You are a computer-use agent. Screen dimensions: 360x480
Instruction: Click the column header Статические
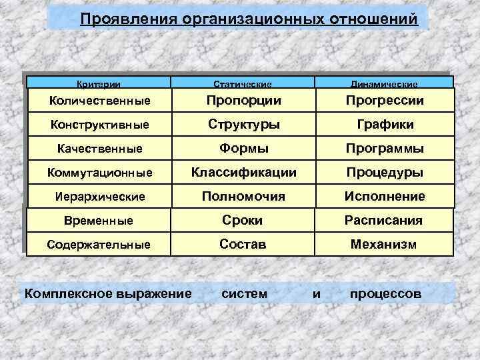pos(243,84)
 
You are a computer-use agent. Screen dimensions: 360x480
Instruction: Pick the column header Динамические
pos(385,84)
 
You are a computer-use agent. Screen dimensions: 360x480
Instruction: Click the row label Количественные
pos(100,101)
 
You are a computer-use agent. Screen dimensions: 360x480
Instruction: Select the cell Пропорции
pos(243,100)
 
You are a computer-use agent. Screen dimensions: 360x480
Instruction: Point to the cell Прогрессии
pos(385,100)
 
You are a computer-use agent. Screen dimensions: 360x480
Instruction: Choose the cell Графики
pos(385,124)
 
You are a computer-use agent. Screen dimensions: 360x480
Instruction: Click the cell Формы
pos(243,148)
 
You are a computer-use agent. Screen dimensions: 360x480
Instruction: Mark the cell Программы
pos(385,148)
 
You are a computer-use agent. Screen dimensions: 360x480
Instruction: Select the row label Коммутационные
pos(99,173)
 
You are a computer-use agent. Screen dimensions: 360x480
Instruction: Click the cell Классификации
pos(243,172)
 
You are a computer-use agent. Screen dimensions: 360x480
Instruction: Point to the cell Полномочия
pos(243,196)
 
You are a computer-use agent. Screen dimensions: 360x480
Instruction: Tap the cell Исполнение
pos(385,196)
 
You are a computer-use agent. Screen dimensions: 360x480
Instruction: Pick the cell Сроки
pos(243,220)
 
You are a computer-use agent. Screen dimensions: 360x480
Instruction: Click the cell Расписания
pos(383,220)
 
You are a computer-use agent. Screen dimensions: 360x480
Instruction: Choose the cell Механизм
pos(384,244)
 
